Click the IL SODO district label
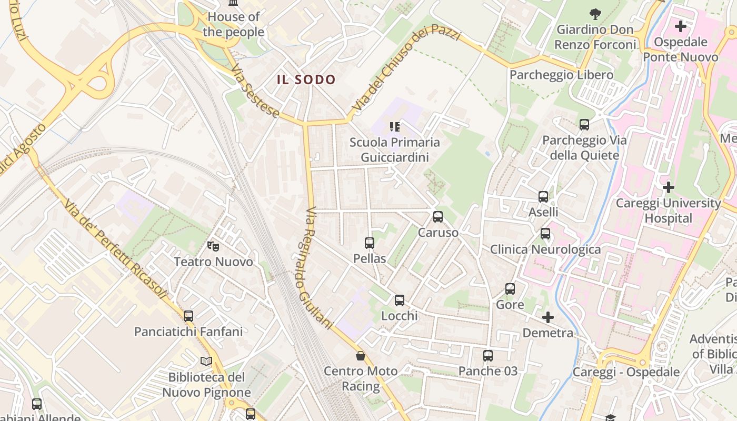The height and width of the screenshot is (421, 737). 306,80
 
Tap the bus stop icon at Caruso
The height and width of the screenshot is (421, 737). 437,217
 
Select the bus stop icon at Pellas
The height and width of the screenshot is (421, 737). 370,243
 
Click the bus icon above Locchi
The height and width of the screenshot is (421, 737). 400,300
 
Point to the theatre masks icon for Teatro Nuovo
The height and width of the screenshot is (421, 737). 213,246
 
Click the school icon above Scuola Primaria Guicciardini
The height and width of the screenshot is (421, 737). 395,126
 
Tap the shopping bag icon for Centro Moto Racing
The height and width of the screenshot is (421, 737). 361,356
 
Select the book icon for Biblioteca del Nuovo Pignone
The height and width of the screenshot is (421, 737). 206,362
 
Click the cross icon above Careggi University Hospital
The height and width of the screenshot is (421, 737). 668,187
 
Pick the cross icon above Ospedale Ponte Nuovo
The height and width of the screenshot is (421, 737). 680,26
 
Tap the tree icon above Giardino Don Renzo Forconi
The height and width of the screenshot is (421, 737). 595,14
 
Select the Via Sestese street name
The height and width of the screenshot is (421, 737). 255,92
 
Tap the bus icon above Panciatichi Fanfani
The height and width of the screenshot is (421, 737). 188,316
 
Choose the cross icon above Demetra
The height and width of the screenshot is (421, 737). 548,317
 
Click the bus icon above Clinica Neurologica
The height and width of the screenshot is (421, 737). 545,234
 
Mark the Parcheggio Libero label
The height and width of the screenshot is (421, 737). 561,75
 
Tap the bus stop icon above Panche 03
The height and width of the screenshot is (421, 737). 488,356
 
